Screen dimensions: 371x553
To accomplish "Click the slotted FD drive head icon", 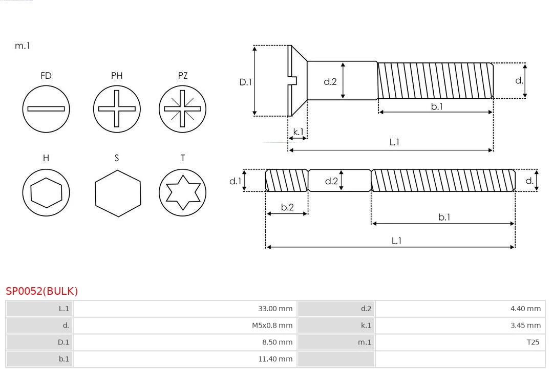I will [x=46, y=108].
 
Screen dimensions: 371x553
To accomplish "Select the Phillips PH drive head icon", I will [x=117, y=108].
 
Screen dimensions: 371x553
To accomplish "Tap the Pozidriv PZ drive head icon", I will [x=182, y=108].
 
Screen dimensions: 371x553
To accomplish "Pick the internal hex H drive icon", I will [x=46, y=192].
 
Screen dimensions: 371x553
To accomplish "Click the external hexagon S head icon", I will [x=117, y=192].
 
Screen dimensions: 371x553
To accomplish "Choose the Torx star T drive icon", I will [x=182, y=192].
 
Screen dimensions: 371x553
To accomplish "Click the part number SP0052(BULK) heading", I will [x=42, y=291].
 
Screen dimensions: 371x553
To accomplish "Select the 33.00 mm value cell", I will [x=275, y=309].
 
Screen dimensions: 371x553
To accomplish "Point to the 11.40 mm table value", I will [x=275, y=359].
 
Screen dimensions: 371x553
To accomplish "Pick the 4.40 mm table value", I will [x=525, y=309].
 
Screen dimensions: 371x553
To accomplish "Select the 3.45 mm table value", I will [x=525, y=325].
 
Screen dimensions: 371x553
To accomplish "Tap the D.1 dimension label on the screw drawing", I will [x=246, y=81].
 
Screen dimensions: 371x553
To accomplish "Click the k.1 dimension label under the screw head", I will [x=298, y=132].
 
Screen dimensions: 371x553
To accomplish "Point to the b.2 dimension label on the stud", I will [x=287, y=207].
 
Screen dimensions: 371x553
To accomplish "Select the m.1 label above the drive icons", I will [x=23, y=46].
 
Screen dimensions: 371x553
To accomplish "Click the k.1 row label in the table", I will [x=366, y=325].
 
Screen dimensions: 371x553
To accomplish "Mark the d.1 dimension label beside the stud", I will [x=235, y=181].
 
